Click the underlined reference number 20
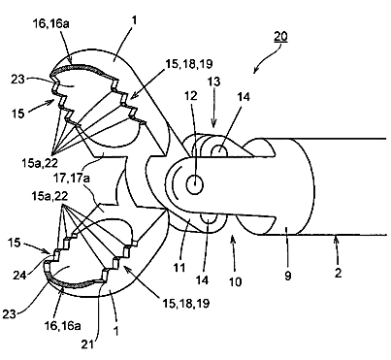280,36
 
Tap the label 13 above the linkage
213,82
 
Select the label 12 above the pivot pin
191,95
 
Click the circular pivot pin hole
195,185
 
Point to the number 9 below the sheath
288,276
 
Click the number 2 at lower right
338,274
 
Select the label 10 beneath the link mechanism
235,281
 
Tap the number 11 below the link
179,268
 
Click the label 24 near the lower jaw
20,275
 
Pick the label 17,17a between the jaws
72,179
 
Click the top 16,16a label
51,24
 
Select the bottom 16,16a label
62,325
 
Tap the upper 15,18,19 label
189,63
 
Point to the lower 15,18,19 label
186,303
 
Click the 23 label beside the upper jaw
17,79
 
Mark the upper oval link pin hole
219,149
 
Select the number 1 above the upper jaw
135,20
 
